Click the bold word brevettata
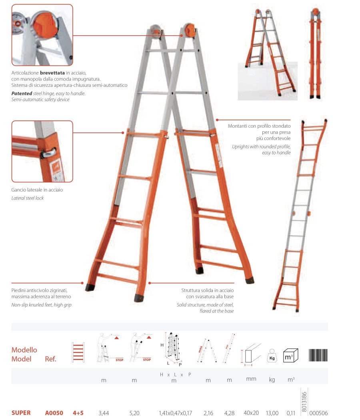(52, 72)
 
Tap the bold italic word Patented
(22, 94)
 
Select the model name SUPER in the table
(21, 413)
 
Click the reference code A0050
(54, 413)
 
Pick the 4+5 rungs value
(78, 413)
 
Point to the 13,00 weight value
(272, 413)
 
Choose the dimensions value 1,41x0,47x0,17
(176, 413)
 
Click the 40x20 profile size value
(251, 413)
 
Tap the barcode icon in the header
(318, 356)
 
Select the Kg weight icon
(272, 356)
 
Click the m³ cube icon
(291, 356)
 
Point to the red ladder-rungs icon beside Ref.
(78, 352)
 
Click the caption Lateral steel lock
(27, 198)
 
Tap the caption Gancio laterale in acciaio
(37, 190)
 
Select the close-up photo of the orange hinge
(42, 35)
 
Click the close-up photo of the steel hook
(42, 151)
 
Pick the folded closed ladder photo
(316, 53)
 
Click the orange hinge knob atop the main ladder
(190, 30)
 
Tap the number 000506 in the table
(318, 413)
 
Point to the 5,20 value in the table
(134, 413)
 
